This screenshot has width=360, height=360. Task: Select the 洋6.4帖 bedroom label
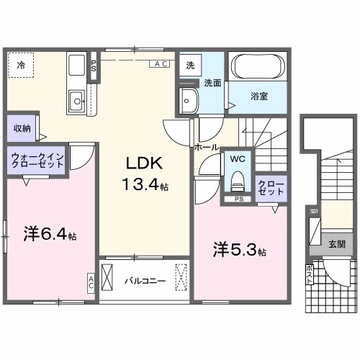(x=50, y=234)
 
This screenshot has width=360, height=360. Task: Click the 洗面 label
(x=210, y=83)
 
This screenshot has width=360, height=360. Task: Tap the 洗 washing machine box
(x=189, y=64)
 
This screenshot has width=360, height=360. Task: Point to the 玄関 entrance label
(x=336, y=243)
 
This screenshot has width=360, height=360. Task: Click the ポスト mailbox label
(x=310, y=274)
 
